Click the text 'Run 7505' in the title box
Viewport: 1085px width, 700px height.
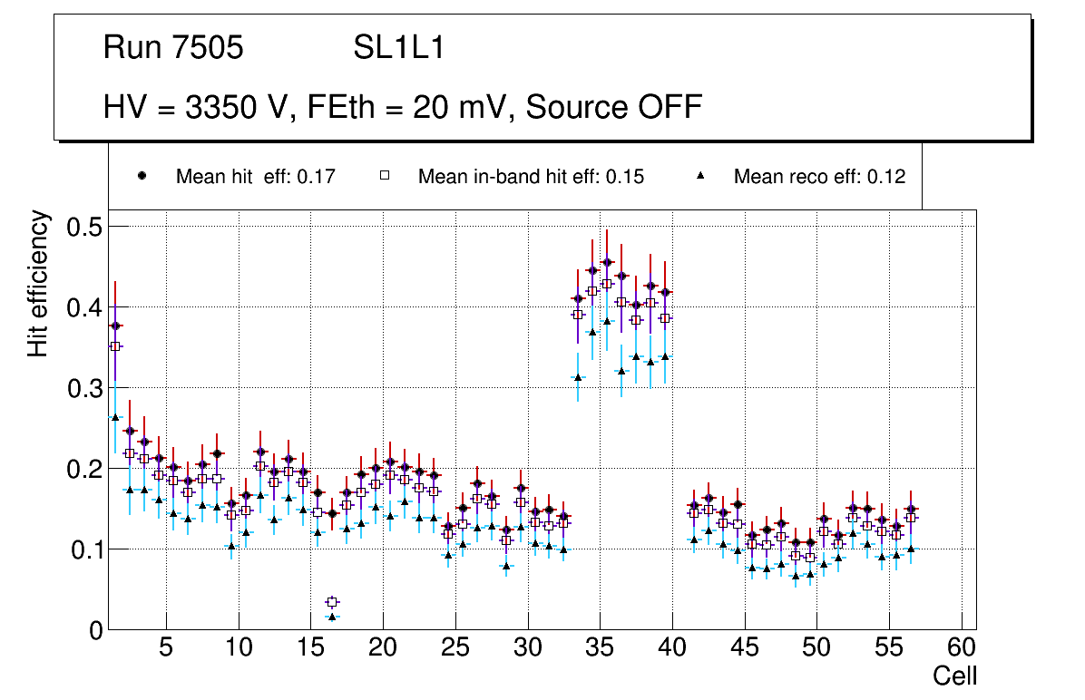tap(173, 48)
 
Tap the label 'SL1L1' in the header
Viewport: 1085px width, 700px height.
tap(399, 48)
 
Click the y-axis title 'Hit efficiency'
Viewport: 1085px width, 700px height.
tap(38, 283)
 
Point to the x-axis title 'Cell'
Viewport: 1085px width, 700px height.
tap(954, 676)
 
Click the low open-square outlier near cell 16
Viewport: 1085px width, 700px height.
tap(332, 601)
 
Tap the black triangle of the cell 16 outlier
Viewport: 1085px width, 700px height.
tap(332, 617)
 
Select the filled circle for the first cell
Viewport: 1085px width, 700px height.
tap(115, 326)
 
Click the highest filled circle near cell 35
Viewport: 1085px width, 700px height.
tap(607, 262)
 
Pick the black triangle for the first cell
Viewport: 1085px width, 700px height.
tap(115, 417)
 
